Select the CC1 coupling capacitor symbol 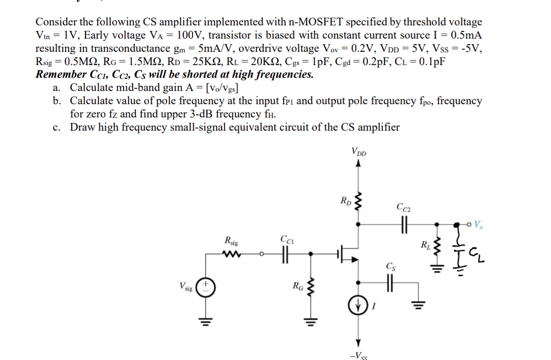(x=285, y=254)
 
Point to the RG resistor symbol (x=310, y=287)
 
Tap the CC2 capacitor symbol (x=404, y=224)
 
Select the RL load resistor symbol (x=436, y=246)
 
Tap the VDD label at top (x=359, y=152)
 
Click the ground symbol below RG (x=310, y=321)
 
